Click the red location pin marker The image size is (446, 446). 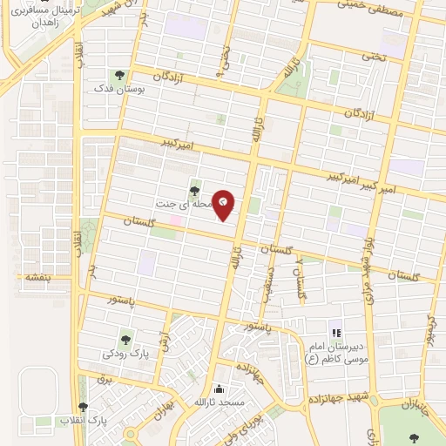pyautogui.click(x=224, y=204)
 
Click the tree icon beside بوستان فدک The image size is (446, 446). pyautogui.click(x=119, y=75)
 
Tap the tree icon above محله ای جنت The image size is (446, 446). pyautogui.click(x=193, y=191)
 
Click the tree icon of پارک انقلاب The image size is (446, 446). pyautogui.click(x=84, y=407)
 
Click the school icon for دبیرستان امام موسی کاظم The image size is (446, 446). pyautogui.click(x=335, y=333)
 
